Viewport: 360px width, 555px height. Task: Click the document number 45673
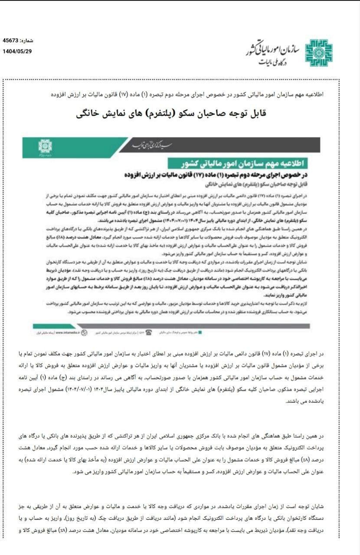click(x=11, y=40)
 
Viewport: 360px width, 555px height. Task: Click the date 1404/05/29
click(x=17, y=51)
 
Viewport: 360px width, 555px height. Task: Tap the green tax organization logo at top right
click(x=319, y=52)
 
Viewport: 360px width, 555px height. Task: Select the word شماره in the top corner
click(x=27, y=41)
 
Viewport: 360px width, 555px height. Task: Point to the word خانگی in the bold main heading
click(x=91, y=114)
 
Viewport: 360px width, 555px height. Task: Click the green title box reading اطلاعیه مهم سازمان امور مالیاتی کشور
click(x=243, y=164)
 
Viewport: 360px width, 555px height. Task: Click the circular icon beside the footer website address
click(x=85, y=333)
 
